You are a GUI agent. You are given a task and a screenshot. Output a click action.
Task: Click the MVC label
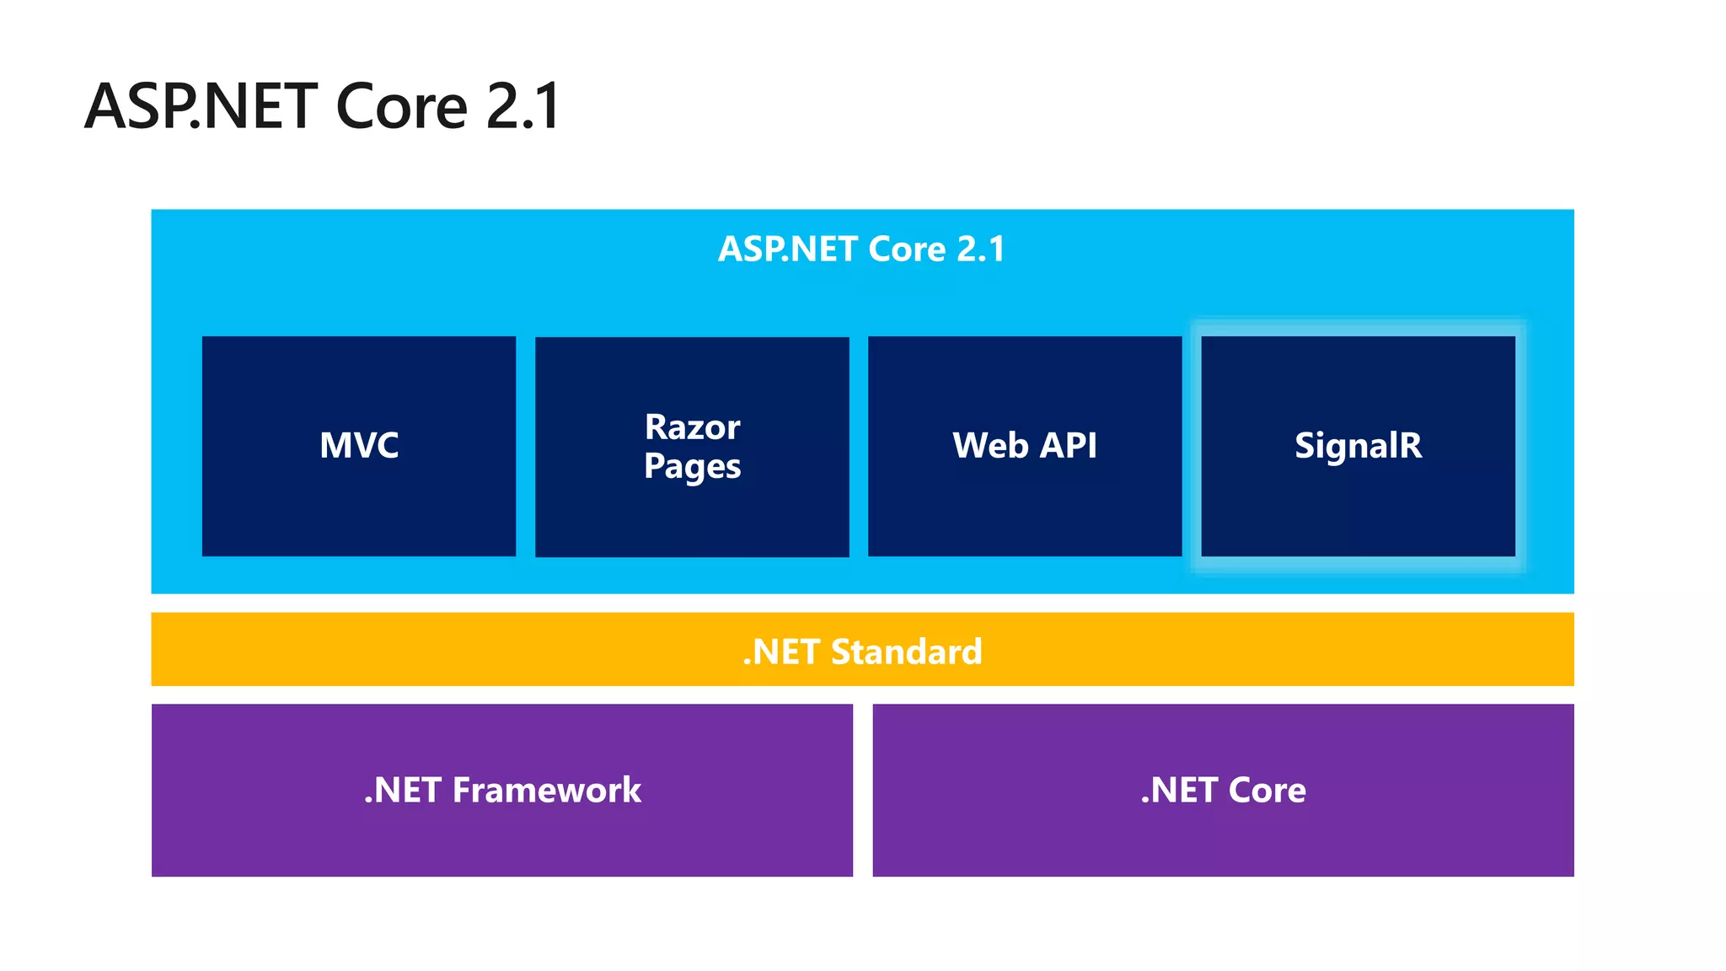(359, 445)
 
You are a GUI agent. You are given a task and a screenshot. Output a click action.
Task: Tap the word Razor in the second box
(692, 427)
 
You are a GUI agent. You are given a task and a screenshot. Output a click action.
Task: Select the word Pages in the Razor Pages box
(692, 466)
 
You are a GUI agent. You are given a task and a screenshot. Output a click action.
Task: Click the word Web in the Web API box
(990, 445)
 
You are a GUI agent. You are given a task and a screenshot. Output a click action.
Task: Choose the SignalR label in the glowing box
(1358, 445)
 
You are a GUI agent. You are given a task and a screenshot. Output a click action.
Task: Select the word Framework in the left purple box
(546, 790)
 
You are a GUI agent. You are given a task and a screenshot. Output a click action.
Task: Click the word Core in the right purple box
(1267, 790)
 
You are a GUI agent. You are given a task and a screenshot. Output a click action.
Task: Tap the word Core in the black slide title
(401, 106)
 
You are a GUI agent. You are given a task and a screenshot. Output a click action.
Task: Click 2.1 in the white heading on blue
(981, 249)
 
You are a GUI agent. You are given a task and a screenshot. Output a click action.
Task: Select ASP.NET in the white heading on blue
(789, 249)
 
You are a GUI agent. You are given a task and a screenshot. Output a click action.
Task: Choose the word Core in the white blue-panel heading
(907, 249)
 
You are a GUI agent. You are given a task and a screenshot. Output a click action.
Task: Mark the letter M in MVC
(335, 445)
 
